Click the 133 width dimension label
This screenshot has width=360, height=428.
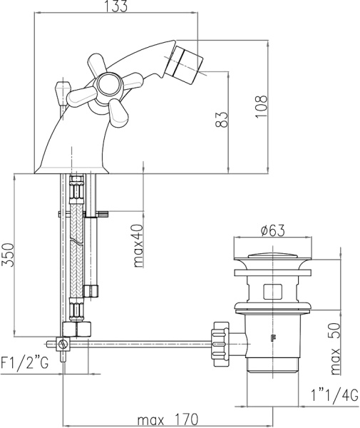coord(117,6)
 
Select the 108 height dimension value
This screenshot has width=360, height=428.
coord(262,106)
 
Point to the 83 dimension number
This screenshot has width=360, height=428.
coord(222,120)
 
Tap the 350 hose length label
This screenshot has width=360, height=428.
coord(8,255)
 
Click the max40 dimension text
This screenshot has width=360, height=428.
coord(138,245)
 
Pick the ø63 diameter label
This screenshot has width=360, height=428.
coord(272,230)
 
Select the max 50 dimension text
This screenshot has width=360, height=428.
coord(335,349)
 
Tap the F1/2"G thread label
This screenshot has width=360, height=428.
coord(25,363)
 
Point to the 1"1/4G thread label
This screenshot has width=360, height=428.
coord(334,395)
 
